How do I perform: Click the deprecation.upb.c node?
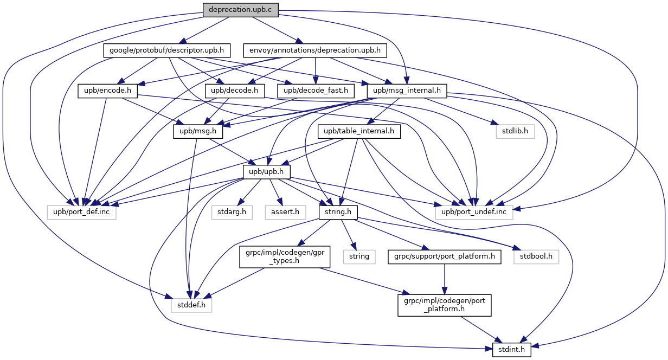240,10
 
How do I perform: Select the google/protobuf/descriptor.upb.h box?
166,50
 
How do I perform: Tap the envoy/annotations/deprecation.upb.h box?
315,50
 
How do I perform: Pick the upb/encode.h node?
108,91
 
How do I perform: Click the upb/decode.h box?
235,91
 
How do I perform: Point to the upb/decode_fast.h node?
316,91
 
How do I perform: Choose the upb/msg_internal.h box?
407,91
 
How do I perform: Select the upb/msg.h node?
198,131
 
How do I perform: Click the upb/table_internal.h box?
359,131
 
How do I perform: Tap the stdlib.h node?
515,131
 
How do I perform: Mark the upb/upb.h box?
267,172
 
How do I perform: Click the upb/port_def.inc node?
81,213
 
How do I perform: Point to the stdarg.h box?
232,213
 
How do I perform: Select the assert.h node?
285,213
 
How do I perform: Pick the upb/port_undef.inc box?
474,213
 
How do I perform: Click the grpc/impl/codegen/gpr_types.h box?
285,257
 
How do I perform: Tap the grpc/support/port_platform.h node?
445,257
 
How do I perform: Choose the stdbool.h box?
536,257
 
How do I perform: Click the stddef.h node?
191,305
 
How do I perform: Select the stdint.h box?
511,350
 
